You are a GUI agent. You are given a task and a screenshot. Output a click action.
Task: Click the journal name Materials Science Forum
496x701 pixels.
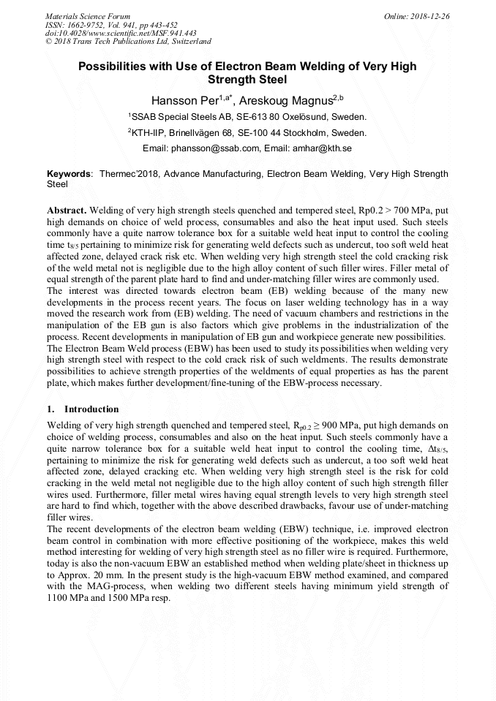[x=88, y=16]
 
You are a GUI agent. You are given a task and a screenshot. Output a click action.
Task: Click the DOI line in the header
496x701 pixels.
[x=121, y=33]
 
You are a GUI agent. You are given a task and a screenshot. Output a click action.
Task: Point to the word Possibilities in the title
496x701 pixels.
[x=111, y=67]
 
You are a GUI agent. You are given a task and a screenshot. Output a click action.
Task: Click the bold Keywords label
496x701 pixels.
[x=69, y=175]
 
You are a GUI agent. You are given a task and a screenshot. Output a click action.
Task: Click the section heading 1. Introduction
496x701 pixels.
[x=83, y=409]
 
